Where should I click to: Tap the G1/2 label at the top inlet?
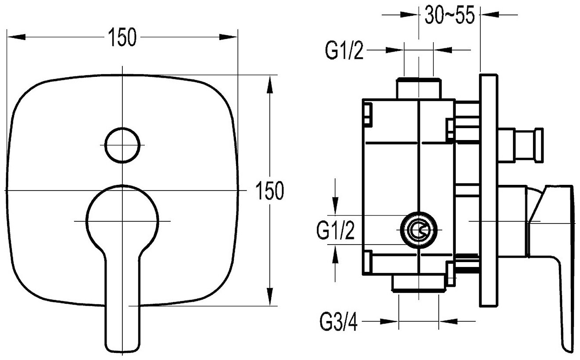pyautogui.click(x=344, y=51)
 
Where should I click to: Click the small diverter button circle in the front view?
pyautogui.click(x=122, y=144)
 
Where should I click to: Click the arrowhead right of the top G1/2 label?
pyautogui.click(x=394, y=50)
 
